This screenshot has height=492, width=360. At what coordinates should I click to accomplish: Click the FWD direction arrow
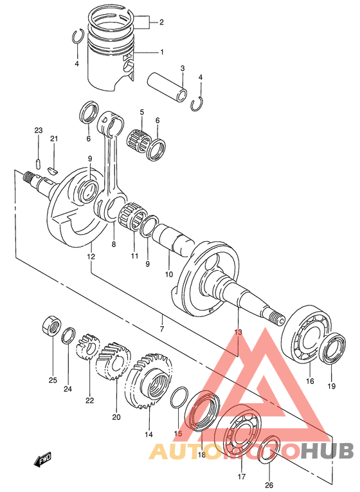click(x=42, y=460)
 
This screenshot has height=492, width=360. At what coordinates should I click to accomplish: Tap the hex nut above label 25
click(x=51, y=326)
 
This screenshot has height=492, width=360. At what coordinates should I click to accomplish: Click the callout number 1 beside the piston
click(x=162, y=52)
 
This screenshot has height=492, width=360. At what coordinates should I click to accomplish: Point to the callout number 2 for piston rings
click(x=161, y=23)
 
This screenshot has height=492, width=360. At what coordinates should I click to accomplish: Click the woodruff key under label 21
click(x=53, y=171)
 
